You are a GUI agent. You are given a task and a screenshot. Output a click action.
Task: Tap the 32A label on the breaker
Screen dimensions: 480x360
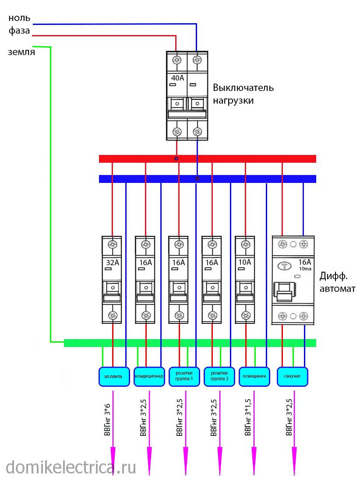pos(113,263)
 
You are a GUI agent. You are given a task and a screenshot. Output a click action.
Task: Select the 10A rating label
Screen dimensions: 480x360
pos(246,263)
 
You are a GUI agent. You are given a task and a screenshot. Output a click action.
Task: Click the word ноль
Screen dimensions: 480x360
pos(19,18)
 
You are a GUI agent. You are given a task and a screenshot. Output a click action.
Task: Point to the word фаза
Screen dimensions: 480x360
pos(19,31)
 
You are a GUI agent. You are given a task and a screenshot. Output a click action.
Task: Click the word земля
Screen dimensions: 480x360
pos(21,52)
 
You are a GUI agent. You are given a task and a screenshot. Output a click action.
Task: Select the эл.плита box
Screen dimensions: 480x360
pos(114,376)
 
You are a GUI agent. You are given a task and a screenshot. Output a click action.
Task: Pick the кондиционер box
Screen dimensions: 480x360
pos(149,376)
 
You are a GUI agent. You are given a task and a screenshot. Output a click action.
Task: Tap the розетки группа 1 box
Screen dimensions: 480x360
pos(184,376)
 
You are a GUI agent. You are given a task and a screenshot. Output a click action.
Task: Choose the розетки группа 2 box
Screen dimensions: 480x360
pos(219,376)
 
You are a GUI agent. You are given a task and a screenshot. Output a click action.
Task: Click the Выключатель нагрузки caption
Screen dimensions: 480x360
pos(243,94)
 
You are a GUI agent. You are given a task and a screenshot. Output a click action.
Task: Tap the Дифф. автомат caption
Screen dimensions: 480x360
pos(337,282)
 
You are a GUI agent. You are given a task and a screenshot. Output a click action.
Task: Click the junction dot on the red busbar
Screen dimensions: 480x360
pos(176,158)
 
